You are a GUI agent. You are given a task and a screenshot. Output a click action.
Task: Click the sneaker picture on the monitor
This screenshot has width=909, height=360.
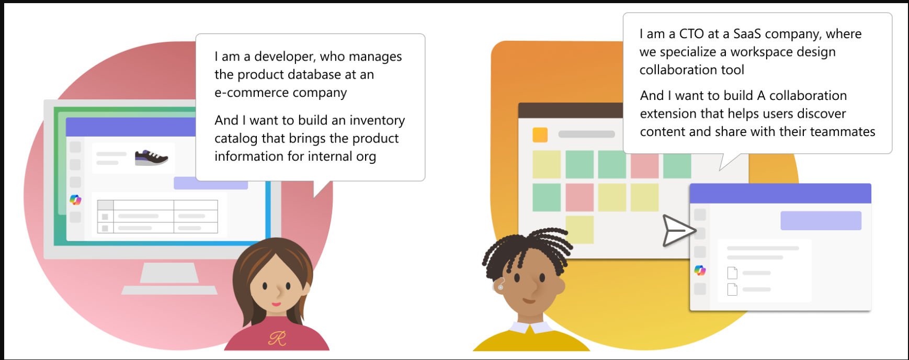[151, 157]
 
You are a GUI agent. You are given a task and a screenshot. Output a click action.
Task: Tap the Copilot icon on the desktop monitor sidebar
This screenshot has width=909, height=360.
[75, 199]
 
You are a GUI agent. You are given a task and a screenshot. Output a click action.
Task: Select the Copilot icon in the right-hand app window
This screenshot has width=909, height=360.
[700, 270]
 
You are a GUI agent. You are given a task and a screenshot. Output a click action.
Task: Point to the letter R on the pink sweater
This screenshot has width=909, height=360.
[278, 339]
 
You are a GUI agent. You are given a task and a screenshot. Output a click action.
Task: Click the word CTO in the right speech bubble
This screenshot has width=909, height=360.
[691, 34]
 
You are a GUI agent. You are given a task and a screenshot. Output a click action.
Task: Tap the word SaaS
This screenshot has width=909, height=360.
[747, 34]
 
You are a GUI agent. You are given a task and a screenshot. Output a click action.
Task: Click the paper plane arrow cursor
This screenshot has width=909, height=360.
[679, 230]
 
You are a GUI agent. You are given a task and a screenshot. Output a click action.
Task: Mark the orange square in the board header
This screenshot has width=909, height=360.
[540, 134]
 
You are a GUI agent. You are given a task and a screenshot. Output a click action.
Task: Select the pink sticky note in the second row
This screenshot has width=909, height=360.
[580, 197]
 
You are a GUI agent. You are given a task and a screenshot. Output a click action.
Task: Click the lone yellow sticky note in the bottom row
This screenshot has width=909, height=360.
[580, 229]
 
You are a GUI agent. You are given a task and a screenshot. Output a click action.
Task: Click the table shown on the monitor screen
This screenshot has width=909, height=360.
[157, 217]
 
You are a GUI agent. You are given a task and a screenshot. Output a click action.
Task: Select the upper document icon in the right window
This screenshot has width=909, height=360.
[732, 273]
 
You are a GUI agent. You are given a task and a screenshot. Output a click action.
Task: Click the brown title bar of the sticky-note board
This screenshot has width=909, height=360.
[570, 110]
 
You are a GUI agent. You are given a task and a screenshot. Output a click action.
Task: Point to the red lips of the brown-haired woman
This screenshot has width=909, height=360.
[276, 304]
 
